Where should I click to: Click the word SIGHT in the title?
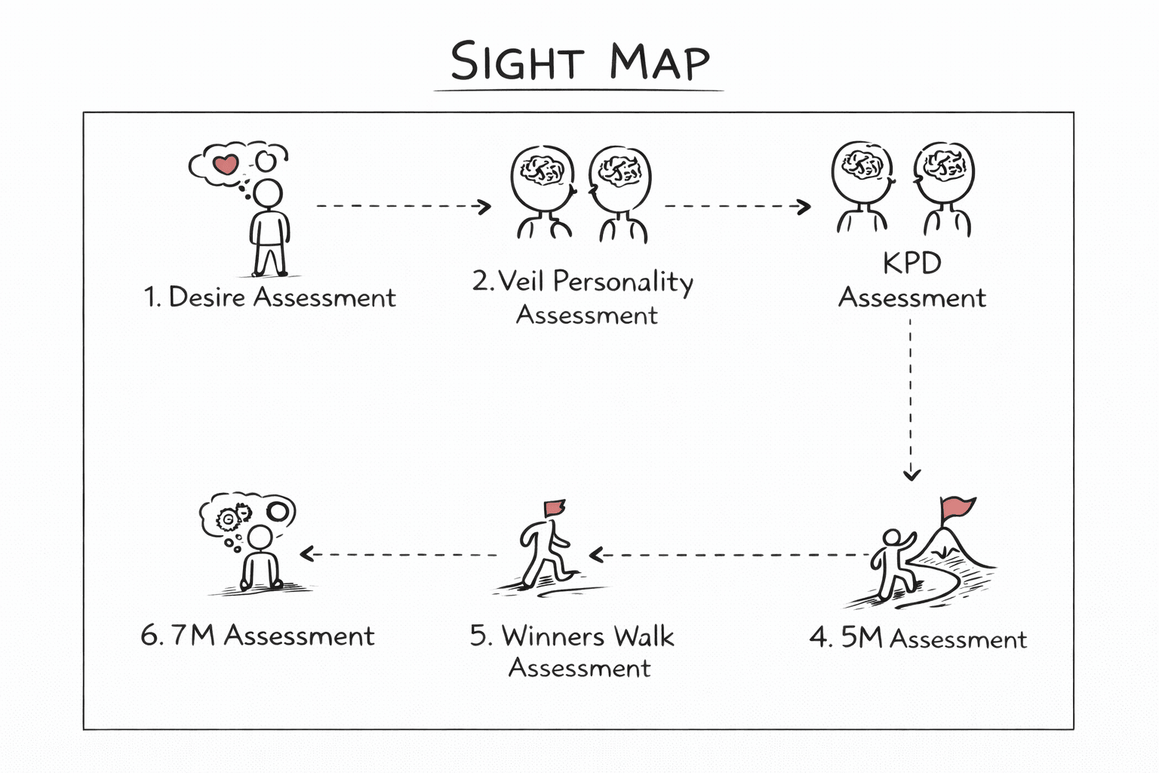(518, 61)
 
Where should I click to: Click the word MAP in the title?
(660, 62)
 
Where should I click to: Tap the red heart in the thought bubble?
(226, 165)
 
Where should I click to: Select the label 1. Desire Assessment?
(269, 297)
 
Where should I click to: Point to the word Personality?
(623, 282)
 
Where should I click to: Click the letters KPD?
(912, 263)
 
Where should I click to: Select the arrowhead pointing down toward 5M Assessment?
(912, 474)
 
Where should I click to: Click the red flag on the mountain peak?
(958, 507)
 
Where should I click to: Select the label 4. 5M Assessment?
(918, 639)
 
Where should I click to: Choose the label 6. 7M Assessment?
(257, 636)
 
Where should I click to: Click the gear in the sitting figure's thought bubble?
(227, 519)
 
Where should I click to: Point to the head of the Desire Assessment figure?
(269, 194)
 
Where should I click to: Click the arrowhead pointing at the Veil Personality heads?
(484, 207)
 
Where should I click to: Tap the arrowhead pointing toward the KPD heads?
(804, 207)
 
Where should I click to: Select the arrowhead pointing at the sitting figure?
(307, 554)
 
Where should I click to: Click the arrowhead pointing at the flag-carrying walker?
(596, 555)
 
